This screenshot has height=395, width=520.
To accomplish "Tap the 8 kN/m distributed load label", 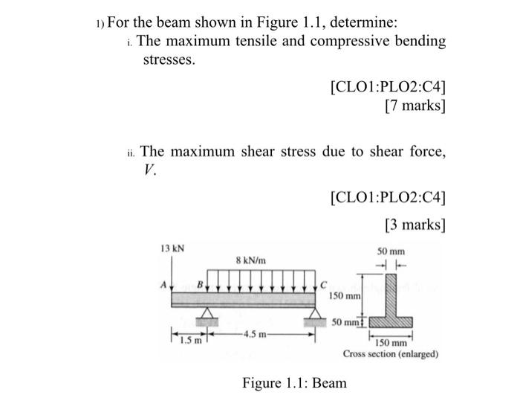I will click(x=251, y=261).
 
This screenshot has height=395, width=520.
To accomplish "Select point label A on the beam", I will click(x=165, y=283).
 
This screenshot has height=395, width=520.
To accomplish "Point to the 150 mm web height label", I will click(x=343, y=296).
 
